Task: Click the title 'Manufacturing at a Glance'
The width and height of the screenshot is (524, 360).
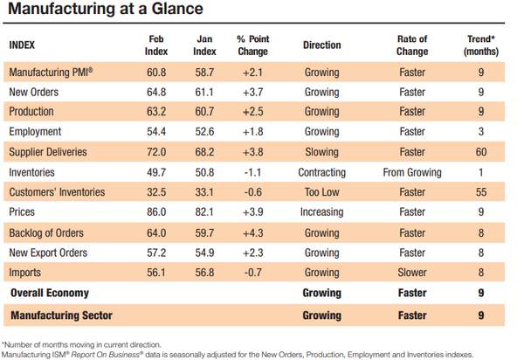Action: [x=106, y=9]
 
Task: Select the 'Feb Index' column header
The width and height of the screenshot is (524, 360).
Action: [x=156, y=45]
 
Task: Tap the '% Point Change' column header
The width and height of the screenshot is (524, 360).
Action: [x=253, y=45]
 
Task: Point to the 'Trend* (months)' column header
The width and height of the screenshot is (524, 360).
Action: [x=481, y=45]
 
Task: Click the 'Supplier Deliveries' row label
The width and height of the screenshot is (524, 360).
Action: [x=48, y=152]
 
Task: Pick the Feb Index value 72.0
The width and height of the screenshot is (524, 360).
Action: [x=156, y=152]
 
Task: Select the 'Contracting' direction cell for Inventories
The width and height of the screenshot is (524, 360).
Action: [x=321, y=172]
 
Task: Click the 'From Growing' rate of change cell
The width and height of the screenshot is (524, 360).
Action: [x=412, y=172]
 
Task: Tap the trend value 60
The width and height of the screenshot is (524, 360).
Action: [x=481, y=152]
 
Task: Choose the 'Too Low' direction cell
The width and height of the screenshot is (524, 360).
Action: [x=321, y=192]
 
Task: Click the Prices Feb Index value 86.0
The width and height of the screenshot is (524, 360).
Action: [x=156, y=212]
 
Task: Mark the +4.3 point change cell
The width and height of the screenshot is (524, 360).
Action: [x=253, y=233]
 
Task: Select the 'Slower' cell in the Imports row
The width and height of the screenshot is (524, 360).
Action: [x=412, y=273]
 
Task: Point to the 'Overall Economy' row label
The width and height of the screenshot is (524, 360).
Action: [x=50, y=293]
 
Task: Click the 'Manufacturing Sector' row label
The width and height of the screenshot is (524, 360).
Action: [x=61, y=315]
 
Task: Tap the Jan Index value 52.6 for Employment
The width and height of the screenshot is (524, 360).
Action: [x=204, y=132]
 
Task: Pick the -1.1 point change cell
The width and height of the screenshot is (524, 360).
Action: [x=252, y=172]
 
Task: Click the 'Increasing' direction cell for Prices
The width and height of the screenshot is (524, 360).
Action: [x=321, y=212]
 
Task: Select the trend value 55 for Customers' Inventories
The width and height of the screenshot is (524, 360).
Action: [x=481, y=192]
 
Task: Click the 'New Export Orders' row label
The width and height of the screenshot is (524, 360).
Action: [x=48, y=253]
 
